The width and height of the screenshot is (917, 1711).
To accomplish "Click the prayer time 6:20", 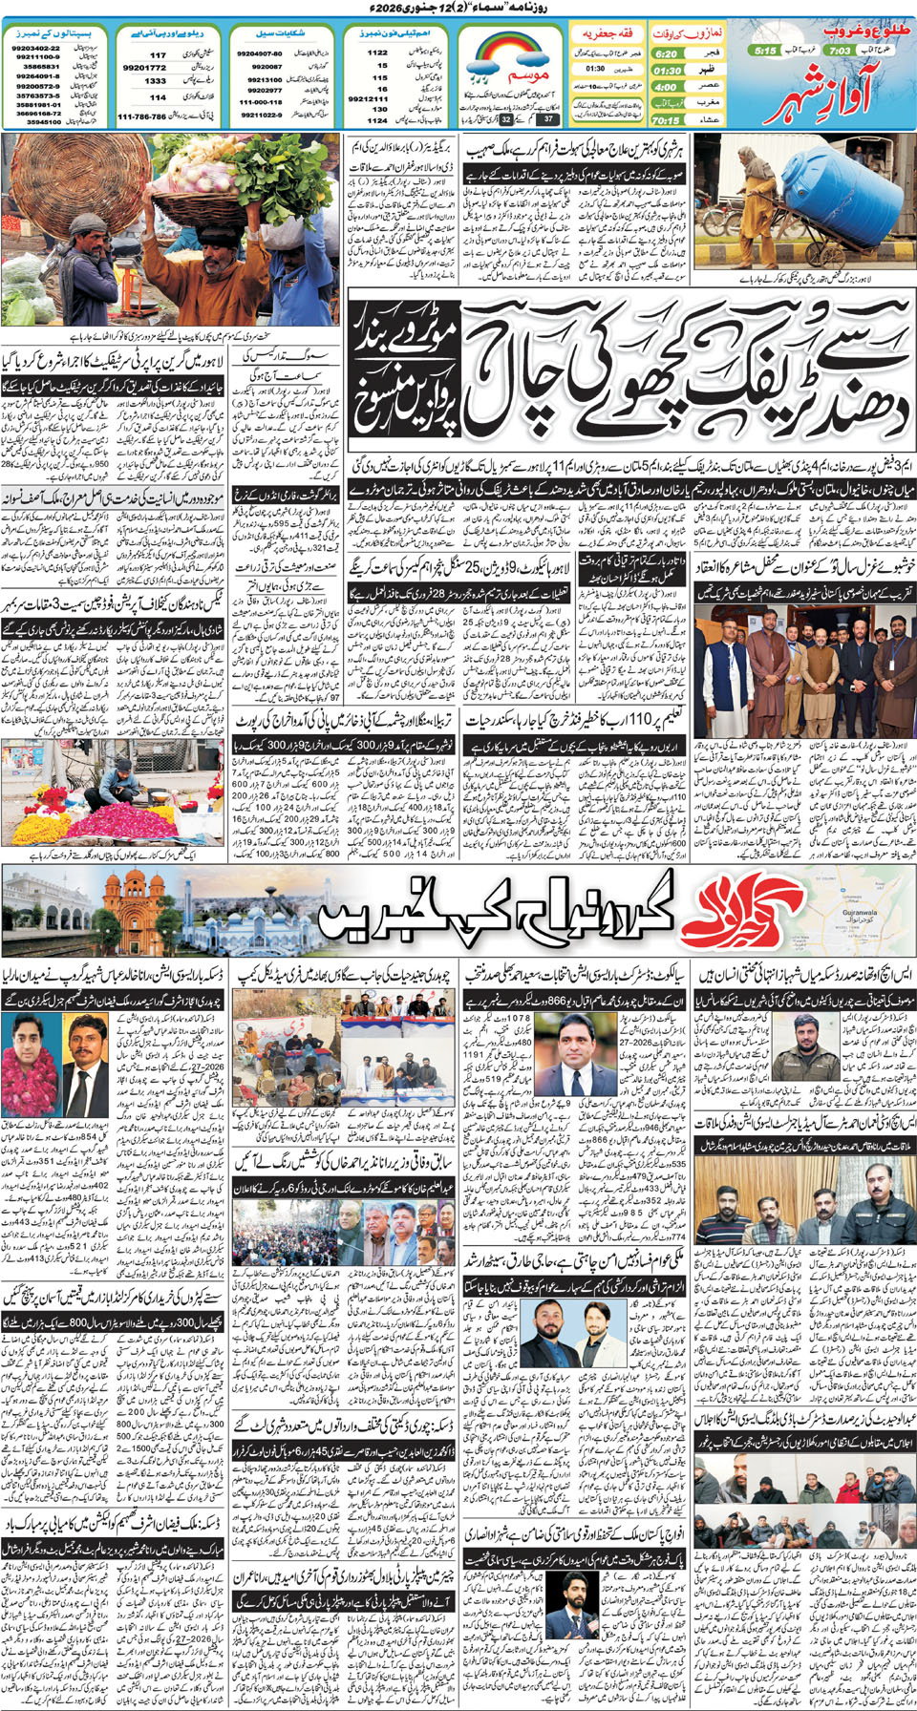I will click(667, 53).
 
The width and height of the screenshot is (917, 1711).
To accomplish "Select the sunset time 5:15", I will click(765, 51).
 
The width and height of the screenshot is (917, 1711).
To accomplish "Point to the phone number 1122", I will click(378, 53).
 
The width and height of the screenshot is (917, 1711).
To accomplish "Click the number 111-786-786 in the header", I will click(141, 116).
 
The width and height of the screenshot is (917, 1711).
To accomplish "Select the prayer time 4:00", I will click(666, 87).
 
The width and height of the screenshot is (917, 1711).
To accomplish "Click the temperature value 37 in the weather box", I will click(547, 119).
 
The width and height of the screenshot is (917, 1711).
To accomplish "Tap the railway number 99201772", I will click(144, 68).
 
